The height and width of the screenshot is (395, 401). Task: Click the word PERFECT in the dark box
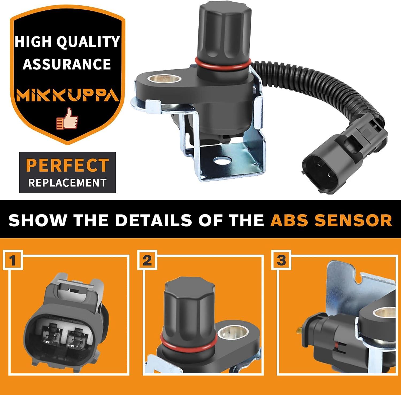(68, 165)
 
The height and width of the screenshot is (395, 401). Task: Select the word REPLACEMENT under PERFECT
(67, 183)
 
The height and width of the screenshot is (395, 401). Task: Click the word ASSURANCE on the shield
(67, 64)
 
